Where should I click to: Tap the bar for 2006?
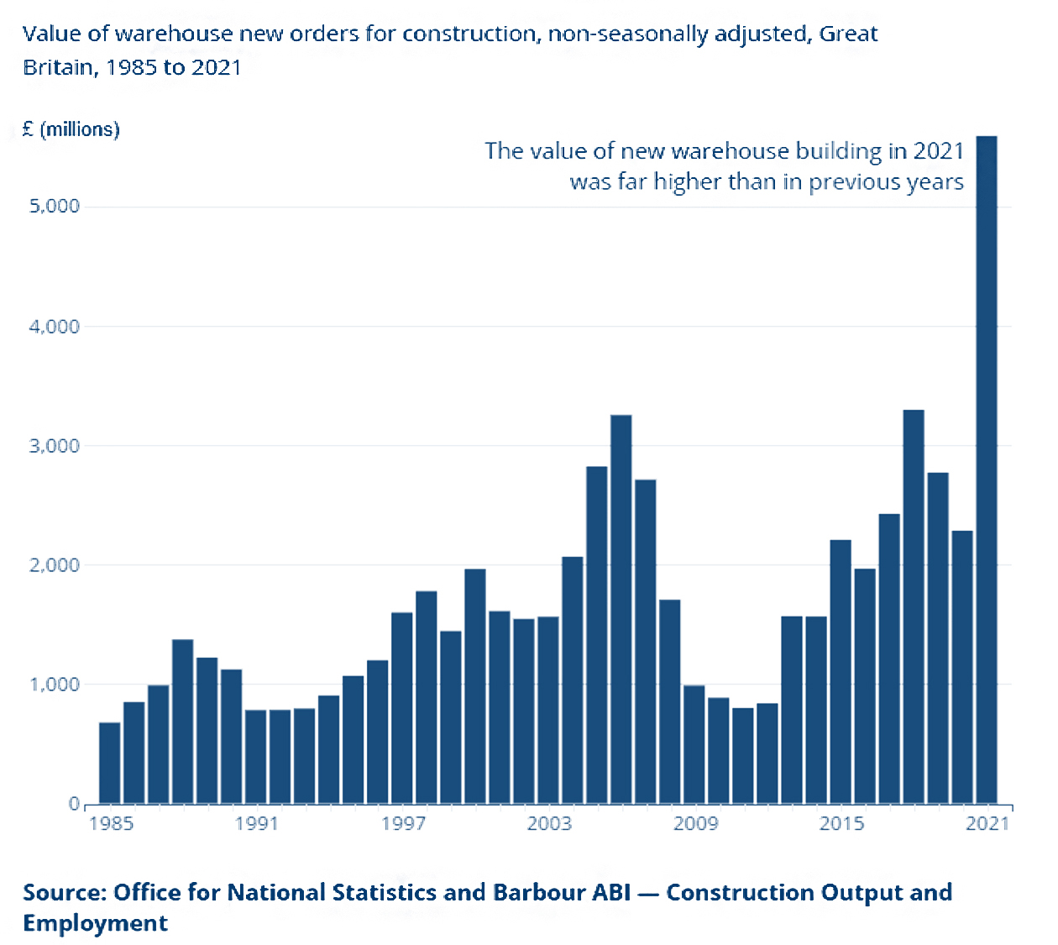pos(621,609)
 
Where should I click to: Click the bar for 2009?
pos(694,744)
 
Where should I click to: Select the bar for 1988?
pos(183,722)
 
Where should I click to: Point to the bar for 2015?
pos(841,672)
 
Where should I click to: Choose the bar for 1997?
pos(402,708)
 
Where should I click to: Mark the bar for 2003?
pos(548,711)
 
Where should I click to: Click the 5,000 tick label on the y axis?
pos(55,207)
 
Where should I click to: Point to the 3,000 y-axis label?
pos(55,446)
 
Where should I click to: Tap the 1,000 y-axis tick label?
pos(55,685)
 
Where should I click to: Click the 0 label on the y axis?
pos(74,805)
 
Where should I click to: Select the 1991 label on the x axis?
pos(256,823)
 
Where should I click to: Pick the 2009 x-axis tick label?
pos(695,823)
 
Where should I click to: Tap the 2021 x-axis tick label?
pos(987,823)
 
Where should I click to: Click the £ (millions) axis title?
pos(71,129)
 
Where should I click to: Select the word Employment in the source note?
pos(95,923)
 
